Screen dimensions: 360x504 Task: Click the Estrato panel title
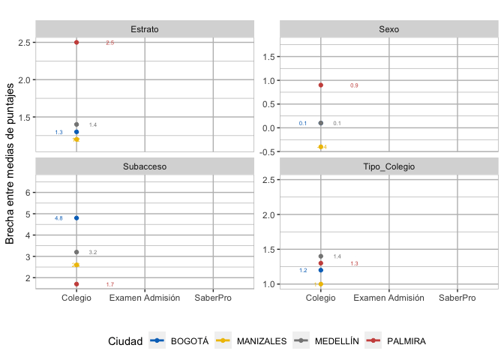(x=144, y=29)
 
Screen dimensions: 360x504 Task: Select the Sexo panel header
(x=389, y=29)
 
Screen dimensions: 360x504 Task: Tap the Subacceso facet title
(x=144, y=166)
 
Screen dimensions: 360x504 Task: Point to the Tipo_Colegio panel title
(x=389, y=166)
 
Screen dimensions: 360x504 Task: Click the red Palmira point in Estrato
(x=76, y=43)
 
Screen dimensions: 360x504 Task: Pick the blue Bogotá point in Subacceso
(x=76, y=218)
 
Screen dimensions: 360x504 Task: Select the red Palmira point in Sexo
(x=321, y=85)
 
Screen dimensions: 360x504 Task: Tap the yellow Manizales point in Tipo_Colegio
(x=321, y=284)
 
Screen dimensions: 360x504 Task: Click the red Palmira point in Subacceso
(x=76, y=284)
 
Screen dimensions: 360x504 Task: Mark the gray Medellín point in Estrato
(x=76, y=124)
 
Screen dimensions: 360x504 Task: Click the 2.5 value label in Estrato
(x=109, y=43)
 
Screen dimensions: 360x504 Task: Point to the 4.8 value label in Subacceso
(x=58, y=218)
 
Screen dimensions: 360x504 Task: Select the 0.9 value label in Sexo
(x=354, y=86)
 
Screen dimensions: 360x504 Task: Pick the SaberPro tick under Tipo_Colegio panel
(x=457, y=298)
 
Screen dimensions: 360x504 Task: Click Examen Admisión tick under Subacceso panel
(x=145, y=298)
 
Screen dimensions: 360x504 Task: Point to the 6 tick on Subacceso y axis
(x=27, y=193)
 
